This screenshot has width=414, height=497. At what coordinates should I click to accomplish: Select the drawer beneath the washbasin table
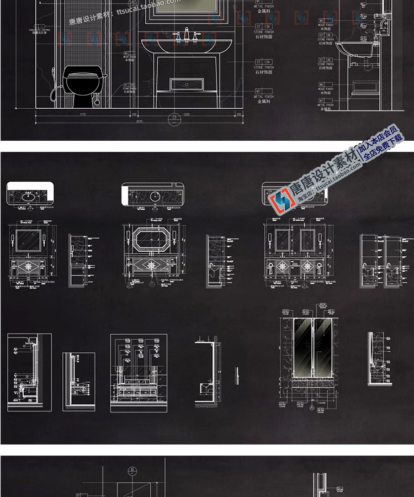187,84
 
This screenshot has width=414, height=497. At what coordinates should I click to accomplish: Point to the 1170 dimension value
83,114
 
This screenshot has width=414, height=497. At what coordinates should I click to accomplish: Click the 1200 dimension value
186,114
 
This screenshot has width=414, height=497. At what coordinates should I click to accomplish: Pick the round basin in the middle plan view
156,194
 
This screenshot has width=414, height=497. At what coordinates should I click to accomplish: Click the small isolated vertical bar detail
236,375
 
